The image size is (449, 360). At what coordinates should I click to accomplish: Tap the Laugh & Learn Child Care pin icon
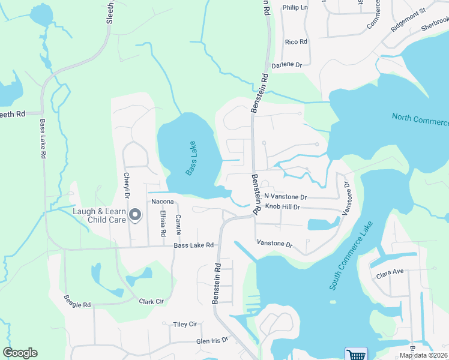136,215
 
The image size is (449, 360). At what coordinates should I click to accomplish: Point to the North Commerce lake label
420,119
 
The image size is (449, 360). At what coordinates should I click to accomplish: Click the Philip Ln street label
295,8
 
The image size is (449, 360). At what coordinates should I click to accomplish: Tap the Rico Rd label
296,42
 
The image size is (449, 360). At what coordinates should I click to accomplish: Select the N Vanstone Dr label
286,197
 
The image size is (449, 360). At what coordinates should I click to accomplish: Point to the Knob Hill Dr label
282,207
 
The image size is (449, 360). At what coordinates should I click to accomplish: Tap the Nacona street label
163,202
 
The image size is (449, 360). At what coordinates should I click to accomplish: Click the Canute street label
178,224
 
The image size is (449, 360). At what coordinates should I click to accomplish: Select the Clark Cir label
151,302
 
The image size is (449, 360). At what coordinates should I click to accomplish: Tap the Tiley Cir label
185,324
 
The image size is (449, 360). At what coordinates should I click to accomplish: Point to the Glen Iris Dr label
212,340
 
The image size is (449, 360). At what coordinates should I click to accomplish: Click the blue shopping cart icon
356,354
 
